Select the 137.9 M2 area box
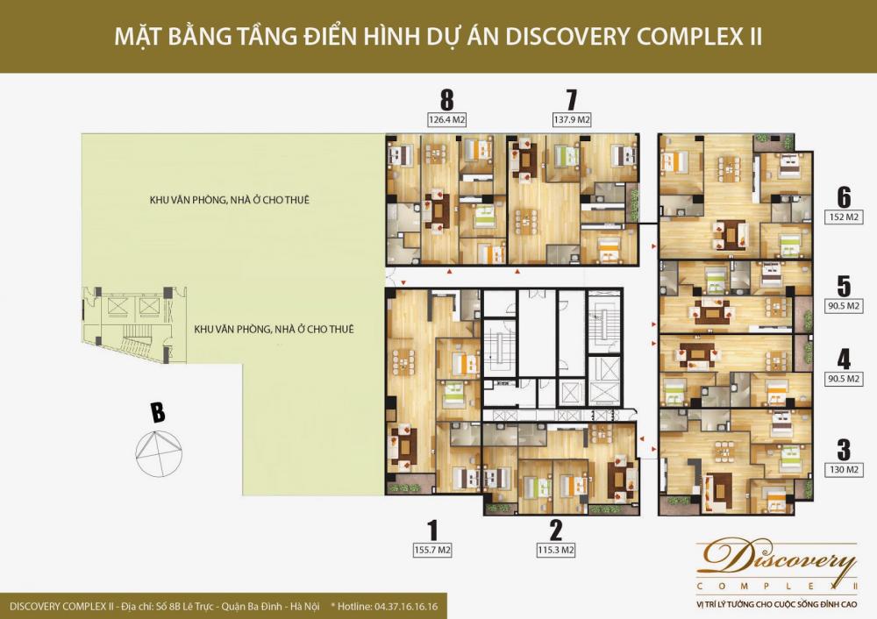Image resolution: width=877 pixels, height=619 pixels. click(572, 119)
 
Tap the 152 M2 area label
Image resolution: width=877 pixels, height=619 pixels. click(845, 216)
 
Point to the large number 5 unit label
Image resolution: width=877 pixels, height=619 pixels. click(844, 286)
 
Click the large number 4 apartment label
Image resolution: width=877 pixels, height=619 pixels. click(844, 359)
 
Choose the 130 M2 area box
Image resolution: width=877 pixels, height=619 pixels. click(845, 471)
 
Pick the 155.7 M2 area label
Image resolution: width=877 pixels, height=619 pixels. click(431, 551)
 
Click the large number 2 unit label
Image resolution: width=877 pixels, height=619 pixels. click(555, 529)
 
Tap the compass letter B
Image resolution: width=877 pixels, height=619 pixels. click(158, 411)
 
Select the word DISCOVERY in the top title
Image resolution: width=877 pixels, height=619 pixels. click(606, 38)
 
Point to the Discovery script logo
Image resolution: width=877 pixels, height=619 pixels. click(775, 559)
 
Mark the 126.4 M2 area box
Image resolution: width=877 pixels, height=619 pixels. click(447, 119)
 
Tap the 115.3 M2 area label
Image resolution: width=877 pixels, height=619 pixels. click(555, 551)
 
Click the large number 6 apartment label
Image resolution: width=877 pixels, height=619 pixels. click(844, 195)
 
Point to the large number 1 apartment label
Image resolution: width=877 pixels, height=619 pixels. click(431, 529)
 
